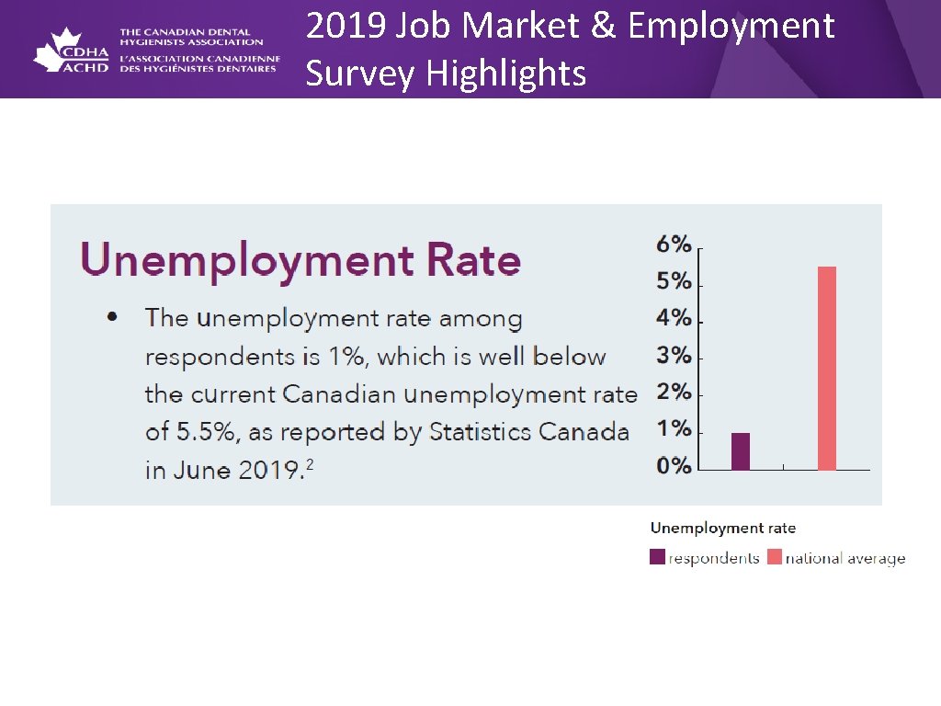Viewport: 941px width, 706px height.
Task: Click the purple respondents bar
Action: pyautogui.click(x=741, y=450)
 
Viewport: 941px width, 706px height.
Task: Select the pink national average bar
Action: pyautogui.click(x=827, y=368)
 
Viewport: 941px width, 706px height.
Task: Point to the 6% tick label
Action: pyautogui.click(x=674, y=245)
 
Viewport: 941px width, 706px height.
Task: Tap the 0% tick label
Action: pyautogui.click(x=674, y=466)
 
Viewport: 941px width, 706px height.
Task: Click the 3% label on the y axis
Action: pyautogui.click(x=674, y=356)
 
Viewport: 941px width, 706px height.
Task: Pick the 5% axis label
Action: pyautogui.click(x=674, y=281)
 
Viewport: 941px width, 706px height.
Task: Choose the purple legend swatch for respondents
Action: pyautogui.click(x=657, y=557)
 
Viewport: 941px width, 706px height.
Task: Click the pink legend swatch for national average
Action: pyautogui.click(x=774, y=557)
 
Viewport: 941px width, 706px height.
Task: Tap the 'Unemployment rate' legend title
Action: pyautogui.click(x=722, y=528)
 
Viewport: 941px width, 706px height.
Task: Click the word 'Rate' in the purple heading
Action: pyautogui.click(x=472, y=260)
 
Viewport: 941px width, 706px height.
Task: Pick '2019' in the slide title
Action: pyautogui.click(x=347, y=27)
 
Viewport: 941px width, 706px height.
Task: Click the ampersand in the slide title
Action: pyautogui.click(x=602, y=27)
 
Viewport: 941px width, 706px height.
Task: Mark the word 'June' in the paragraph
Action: pyautogui.click(x=201, y=471)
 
